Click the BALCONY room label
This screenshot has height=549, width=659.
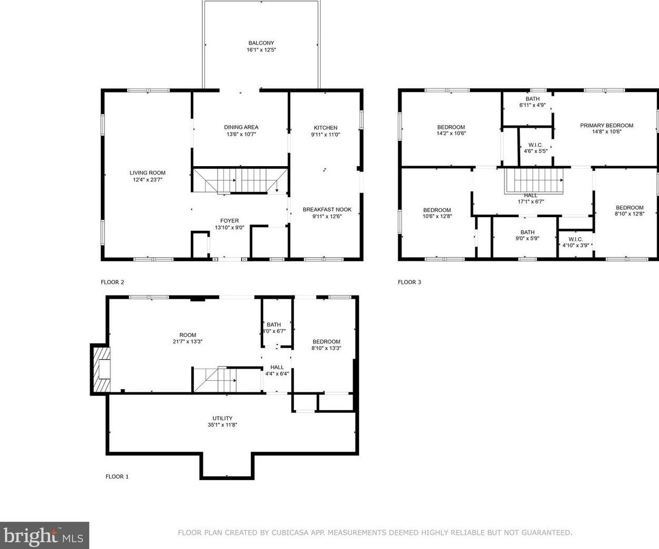261,43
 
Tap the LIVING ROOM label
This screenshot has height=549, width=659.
148,172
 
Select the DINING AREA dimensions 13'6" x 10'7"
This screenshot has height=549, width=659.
241,134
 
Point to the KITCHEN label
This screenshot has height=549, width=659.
326,128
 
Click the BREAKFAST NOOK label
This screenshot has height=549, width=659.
327,209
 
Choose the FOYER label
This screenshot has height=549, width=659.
230,221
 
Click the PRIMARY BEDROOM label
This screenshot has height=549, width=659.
606,125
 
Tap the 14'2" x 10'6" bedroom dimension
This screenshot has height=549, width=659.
451,134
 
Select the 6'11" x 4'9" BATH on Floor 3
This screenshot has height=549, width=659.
532,102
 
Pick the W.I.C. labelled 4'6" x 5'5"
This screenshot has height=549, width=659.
536,148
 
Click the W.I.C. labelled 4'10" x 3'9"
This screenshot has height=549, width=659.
575,242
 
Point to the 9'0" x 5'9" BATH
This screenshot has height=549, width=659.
527,235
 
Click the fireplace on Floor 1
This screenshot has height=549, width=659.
101,369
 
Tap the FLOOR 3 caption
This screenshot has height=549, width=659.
409,282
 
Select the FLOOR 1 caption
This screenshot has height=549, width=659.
117,477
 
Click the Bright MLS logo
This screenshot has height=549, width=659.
45,536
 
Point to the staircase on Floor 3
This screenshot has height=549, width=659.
534,181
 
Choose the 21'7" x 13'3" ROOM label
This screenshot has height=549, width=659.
188,338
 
